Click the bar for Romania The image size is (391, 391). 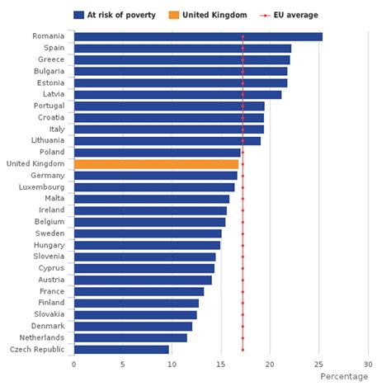click(198, 36)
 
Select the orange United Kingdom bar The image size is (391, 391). click(156, 164)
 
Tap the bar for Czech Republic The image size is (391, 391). click(121, 350)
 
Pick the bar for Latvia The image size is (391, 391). click(177, 94)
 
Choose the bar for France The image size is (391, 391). click(139, 291)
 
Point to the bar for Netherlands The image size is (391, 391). click(130, 337)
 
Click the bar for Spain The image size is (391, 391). click(182, 49)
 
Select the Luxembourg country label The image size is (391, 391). click(44, 187)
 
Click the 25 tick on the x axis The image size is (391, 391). click(319, 364)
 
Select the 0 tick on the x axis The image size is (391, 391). click(74, 364)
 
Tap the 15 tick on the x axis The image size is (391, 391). click(221, 364)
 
